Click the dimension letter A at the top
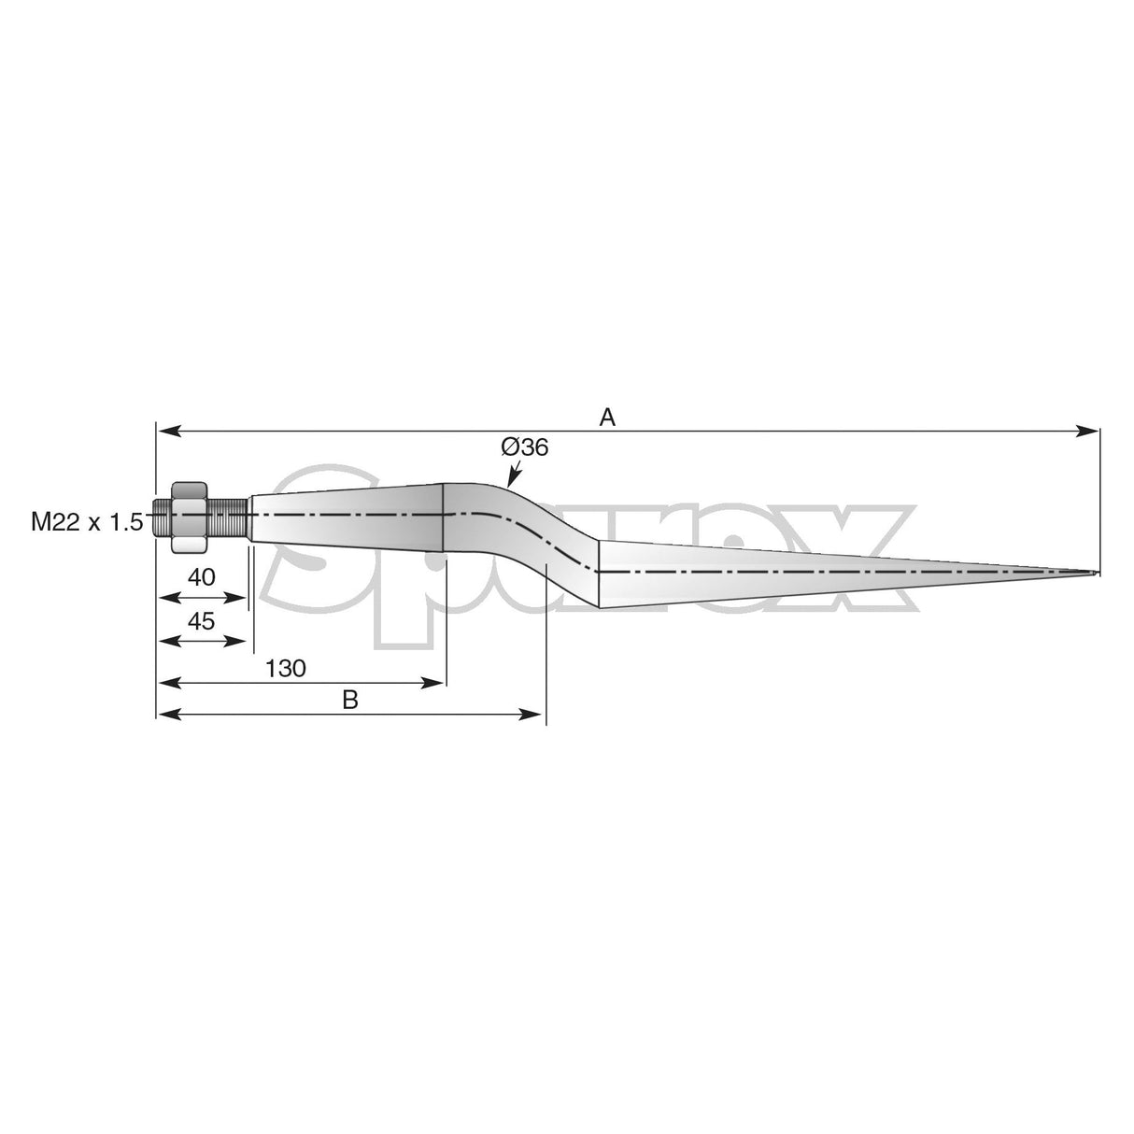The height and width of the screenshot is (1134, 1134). (607, 417)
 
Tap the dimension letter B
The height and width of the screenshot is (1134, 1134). (350, 701)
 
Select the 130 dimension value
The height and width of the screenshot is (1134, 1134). (286, 669)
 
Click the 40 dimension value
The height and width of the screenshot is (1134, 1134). (202, 577)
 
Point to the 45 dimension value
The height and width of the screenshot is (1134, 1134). (202, 620)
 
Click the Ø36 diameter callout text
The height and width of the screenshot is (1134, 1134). (524, 447)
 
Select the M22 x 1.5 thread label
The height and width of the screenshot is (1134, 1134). (86, 522)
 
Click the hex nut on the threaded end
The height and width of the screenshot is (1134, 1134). (189, 517)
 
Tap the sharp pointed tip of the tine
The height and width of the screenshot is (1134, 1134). (1095, 573)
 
